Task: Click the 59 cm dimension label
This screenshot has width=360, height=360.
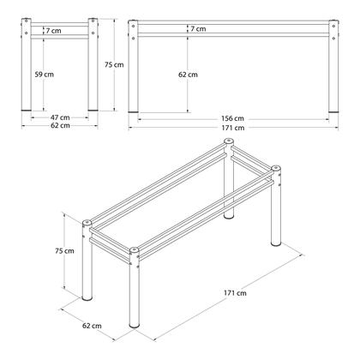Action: pos(44,75)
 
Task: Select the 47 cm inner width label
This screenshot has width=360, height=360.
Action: pos(59,117)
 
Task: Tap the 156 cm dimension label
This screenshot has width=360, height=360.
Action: pos(232,117)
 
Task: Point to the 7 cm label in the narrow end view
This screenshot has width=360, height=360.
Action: pos(54,31)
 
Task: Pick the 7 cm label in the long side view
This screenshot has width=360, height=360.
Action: pos(198,29)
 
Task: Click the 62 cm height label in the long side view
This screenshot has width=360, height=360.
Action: pos(189,75)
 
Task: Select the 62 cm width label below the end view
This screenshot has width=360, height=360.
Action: pos(59,127)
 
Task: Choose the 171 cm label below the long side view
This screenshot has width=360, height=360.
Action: pos(232,128)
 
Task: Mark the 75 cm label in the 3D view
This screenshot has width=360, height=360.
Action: pos(75,250)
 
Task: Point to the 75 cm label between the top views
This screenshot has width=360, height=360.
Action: pos(118,65)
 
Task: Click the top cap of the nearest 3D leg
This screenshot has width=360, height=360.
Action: pos(134,252)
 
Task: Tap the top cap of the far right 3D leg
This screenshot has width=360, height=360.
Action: pos(277,168)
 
